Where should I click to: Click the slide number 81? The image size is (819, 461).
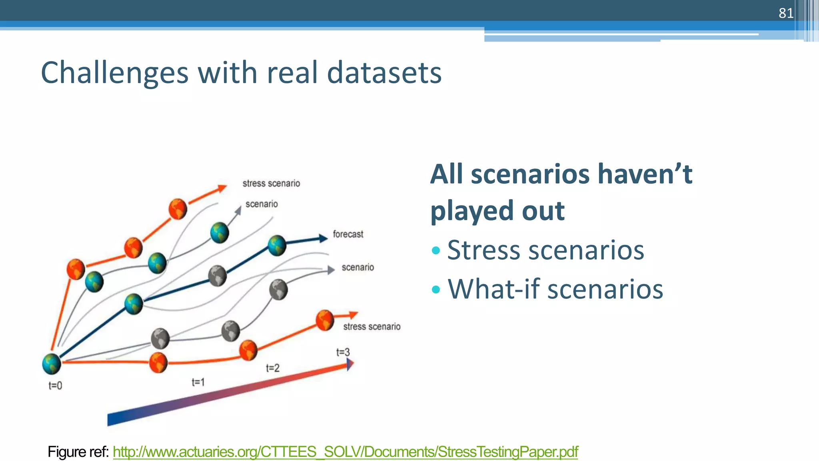coord(786,13)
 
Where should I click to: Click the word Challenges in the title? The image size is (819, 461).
coord(114,73)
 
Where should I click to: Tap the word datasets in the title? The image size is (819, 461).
coord(384,73)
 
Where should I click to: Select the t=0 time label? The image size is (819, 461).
coord(55,386)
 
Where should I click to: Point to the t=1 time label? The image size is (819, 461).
coord(198,382)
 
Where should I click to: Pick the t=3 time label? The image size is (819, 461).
coord(343,352)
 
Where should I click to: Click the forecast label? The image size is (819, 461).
coord(348,234)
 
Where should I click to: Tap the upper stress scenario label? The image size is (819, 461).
coord(271,183)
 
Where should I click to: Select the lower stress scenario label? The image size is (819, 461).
coord(372,327)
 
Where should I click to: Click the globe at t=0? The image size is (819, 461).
coord(52,364)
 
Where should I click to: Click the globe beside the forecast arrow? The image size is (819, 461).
coord(277,245)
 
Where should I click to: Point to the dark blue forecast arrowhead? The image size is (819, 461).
coord(323,239)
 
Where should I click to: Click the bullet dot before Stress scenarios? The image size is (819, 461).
coord(436,251)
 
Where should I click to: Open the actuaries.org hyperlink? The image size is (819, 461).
coord(345,452)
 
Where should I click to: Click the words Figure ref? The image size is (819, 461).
coord(78,452)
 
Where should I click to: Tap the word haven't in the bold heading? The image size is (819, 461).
coord(644,174)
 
